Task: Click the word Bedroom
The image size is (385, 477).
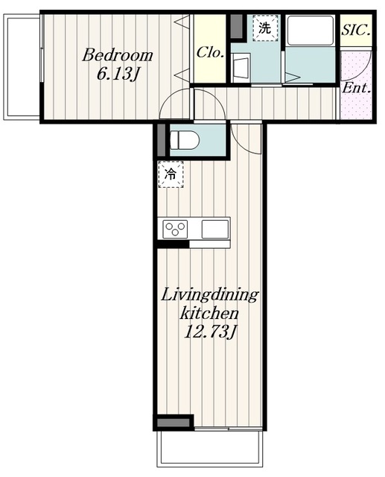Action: (x=118, y=55)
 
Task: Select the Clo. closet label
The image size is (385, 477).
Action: (x=210, y=53)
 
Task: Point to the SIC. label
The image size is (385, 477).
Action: (x=356, y=30)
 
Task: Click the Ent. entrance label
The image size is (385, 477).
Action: (x=356, y=88)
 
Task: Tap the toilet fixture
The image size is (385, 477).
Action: (x=184, y=140)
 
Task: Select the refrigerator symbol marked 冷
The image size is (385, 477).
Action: (x=171, y=174)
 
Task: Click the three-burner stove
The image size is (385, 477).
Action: (x=175, y=229)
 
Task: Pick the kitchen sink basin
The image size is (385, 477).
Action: (x=214, y=229)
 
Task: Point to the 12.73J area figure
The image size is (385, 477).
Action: (x=210, y=332)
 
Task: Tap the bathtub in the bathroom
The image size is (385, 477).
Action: (x=310, y=31)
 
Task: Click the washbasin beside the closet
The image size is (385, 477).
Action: (x=241, y=68)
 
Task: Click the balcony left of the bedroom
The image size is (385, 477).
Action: (x=22, y=67)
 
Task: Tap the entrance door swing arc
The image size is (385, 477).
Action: (x=365, y=66)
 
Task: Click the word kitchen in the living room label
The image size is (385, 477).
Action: (x=209, y=314)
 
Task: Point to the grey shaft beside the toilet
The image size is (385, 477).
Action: (x=162, y=140)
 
